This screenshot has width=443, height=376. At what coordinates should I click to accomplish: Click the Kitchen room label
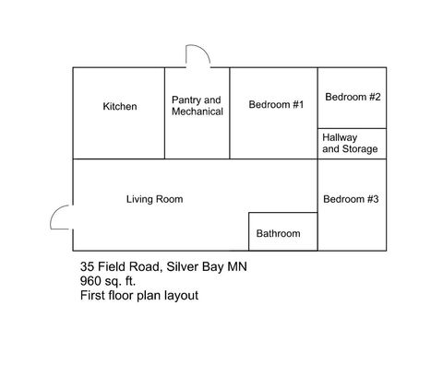pyautogui.click(x=120, y=107)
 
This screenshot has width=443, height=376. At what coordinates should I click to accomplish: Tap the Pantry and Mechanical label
pyautogui.click(x=198, y=106)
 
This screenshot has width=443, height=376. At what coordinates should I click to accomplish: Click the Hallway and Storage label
pyautogui.click(x=349, y=143)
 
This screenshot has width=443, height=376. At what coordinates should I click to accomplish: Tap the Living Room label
pyautogui.click(x=154, y=199)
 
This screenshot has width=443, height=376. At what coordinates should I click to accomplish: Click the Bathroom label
pyautogui.click(x=278, y=234)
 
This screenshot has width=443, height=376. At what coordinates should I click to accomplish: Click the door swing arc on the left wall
pyautogui.click(x=60, y=217)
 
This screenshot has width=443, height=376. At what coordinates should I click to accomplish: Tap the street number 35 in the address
pyautogui.click(x=88, y=267)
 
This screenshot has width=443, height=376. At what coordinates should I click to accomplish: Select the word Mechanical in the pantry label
pyautogui.click(x=198, y=112)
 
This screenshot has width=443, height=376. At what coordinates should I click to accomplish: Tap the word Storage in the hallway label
pyautogui.click(x=361, y=149)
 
